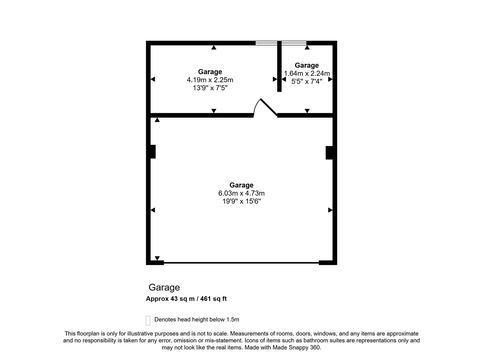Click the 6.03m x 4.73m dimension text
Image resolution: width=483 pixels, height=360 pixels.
tap(241, 193)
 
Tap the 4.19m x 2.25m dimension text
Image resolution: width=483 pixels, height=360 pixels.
tap(210, 80)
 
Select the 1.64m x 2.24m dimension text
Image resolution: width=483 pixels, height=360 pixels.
tap(307, 73)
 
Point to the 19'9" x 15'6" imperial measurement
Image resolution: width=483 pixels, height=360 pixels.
tap(241, 201)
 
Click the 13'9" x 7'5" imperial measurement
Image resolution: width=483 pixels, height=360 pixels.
tap(210, 88)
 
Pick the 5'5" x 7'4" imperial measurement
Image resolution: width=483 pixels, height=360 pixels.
tap(307, 81)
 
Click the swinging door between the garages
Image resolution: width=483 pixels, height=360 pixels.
tap(268, 107)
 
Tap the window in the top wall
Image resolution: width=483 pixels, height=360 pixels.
tap(281, 43)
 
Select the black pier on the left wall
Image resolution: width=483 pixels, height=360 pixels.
tap(153, 152)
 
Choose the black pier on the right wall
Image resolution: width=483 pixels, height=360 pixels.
tap(329, 153)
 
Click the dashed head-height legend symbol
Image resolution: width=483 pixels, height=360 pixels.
tap(148, 320)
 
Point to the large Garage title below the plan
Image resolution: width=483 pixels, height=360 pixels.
tap(164, 287)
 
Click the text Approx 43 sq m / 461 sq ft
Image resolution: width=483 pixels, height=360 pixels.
tap(186, 299)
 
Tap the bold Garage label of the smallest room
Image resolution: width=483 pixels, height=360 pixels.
tap(307, 65)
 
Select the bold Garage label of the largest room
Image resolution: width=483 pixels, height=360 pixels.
tap(241, 185)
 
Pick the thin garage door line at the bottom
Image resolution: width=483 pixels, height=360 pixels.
tap(241, 263)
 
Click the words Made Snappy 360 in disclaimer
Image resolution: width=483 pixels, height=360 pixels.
tap(296, 347)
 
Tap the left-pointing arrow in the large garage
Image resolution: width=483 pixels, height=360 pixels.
tap(153, 210)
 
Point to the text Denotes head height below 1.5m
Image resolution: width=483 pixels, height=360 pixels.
tap(197, 319)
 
